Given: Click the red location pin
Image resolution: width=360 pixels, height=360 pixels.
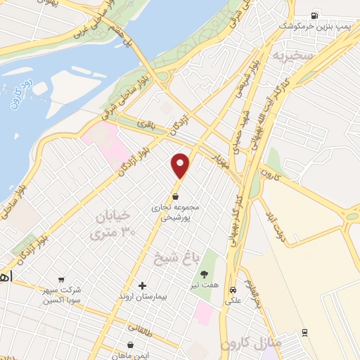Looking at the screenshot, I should [x=181, y=165].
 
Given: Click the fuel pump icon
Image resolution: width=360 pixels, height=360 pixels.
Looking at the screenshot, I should [x=314, y=15].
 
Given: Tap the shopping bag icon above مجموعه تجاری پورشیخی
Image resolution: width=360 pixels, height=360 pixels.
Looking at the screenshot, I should [x=175, y=196].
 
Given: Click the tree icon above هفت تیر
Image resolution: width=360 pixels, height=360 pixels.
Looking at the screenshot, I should [x=204, y=274].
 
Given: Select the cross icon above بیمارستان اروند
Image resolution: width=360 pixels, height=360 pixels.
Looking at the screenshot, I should [x=143, y=285].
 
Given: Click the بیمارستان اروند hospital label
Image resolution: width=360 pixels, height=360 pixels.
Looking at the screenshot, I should [x=141, y=297].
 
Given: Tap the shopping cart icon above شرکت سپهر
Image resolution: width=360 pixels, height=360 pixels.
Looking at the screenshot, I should [x=61, y=278].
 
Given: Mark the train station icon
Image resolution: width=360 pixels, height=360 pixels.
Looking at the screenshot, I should [x=304, y=333].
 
